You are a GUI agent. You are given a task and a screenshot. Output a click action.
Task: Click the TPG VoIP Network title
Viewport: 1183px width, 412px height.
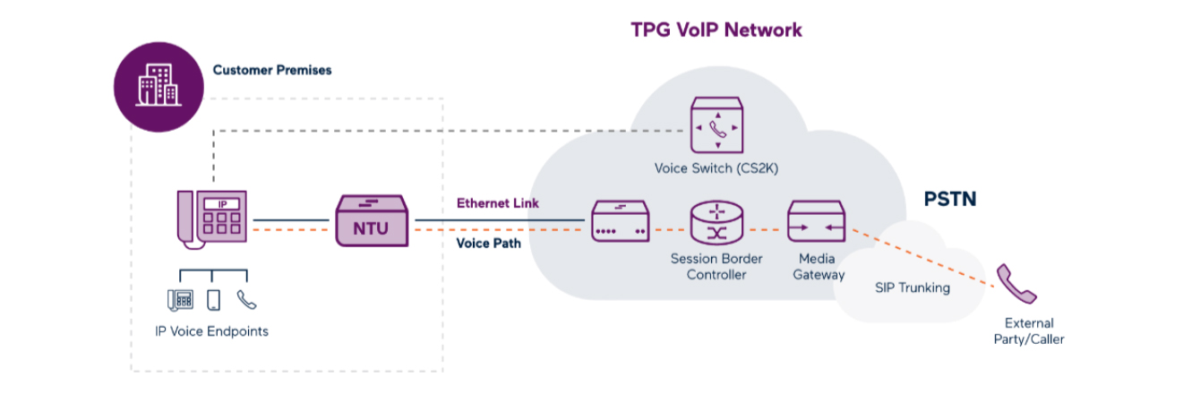click(x=716, y=30)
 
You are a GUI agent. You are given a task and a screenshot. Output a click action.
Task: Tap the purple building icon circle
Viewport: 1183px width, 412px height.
click(x=159, y=87)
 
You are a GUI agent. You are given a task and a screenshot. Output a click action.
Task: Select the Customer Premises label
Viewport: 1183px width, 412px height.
click(x=272, y=70)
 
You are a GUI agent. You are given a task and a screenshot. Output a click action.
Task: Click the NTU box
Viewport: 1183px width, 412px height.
click(x=372, y=221)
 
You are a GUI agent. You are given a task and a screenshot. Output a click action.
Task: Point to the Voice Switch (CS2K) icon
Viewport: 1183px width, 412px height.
click(x=716, y=125)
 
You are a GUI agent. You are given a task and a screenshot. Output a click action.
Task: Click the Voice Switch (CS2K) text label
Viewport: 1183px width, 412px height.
click(x=716, y=168)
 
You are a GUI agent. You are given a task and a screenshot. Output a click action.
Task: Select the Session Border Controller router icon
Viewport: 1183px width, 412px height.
click(x=716, y=222)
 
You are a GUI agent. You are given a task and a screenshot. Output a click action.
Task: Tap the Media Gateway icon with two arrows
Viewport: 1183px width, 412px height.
click(x=817, y=221)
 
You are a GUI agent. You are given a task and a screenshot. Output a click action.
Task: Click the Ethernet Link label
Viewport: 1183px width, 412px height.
click(x=498, y=203)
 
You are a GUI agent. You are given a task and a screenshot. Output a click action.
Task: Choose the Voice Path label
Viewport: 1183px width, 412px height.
click(x=489, y=244)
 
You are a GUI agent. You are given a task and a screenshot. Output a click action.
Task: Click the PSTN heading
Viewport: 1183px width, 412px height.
click(x=950, y=199)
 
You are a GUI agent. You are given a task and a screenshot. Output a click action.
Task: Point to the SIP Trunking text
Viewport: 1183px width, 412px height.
click(x=912, y=288)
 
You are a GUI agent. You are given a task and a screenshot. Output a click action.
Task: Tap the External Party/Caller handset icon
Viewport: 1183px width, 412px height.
click(x=1016, y=284)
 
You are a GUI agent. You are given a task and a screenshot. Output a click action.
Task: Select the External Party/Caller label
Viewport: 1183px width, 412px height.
click(x=1029, y=331)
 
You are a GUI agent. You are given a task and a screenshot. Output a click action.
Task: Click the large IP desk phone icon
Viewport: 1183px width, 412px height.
click(x=212, y=219)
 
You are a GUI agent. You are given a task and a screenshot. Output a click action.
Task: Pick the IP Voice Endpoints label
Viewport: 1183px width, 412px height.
click(x=211, y=331)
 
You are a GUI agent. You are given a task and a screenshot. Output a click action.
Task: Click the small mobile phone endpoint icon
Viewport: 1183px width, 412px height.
click(x=213, y=300)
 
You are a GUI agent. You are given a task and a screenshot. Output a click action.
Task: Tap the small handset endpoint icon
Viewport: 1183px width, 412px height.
click(x=246, y=299)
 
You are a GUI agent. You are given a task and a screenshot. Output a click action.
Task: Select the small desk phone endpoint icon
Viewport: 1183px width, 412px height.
click(x=180, y=300)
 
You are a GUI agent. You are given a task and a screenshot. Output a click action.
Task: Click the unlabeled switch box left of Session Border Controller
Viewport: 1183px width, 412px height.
click(x=620, y=221)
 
